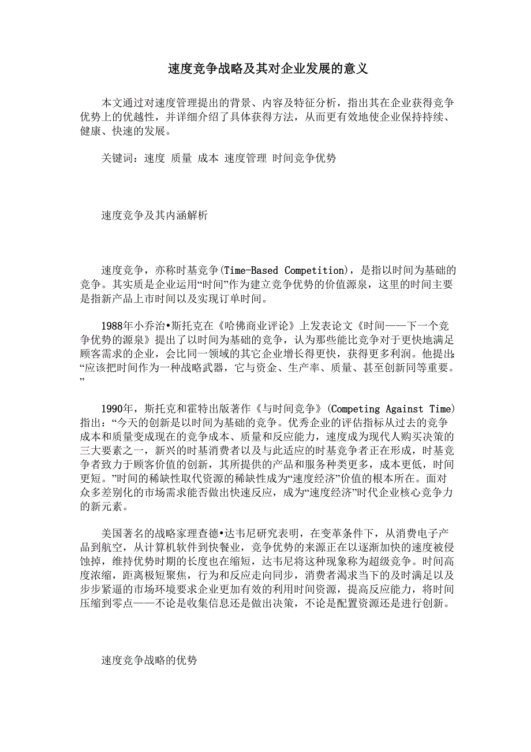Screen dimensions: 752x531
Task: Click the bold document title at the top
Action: (268, 69)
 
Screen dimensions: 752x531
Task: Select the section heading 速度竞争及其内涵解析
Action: (154, 215)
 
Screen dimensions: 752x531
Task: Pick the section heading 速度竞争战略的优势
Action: (149, 660)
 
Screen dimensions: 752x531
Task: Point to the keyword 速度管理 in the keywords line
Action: (245, 158)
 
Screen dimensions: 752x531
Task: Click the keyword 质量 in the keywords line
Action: (182, 158)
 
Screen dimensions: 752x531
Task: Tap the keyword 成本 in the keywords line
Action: (208, 158)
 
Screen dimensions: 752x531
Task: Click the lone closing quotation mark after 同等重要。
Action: (83, 381)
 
